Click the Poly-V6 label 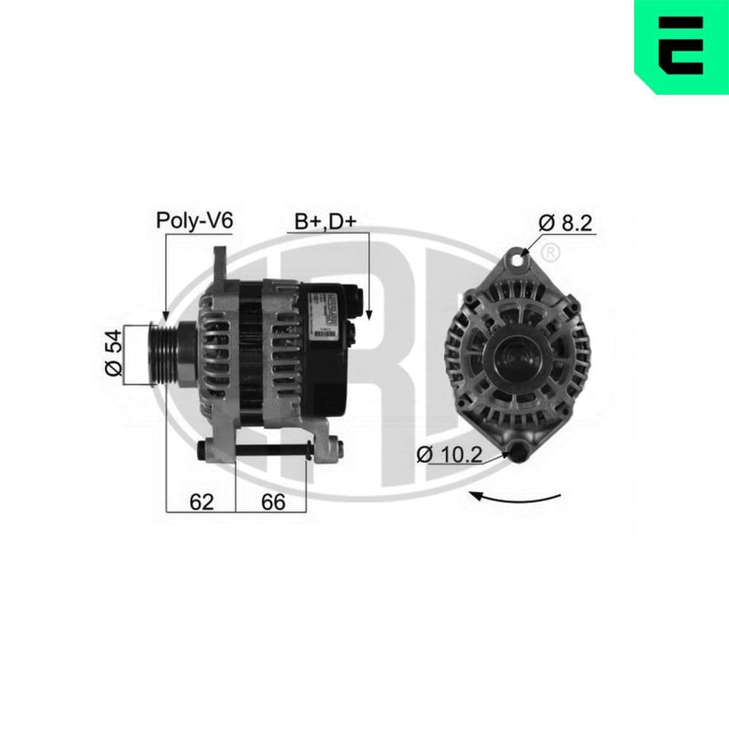194,221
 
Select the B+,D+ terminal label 324,221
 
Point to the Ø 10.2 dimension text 450,455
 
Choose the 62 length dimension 201,502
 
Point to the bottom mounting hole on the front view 518,453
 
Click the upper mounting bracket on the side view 219,266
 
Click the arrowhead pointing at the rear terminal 369,314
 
